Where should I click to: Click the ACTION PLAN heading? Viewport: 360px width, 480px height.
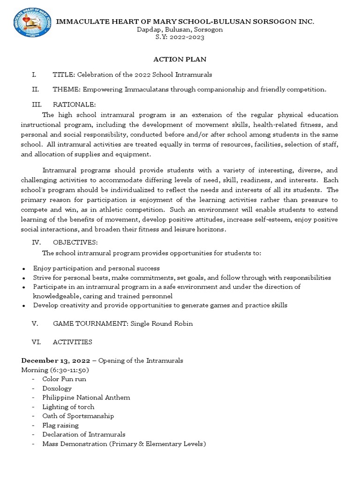tap(180, 60)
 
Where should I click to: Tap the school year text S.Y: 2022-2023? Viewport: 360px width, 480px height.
tap(180, 37)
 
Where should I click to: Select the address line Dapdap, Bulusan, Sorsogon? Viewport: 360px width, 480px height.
tap(180, 30)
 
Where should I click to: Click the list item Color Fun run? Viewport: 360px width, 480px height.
tap(64, 379)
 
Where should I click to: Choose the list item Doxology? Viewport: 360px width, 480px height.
tap(57, 388)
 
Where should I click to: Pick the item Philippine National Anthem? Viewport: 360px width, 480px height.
tap(86, 397)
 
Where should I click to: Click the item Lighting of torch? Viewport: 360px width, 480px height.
tap(68, 406)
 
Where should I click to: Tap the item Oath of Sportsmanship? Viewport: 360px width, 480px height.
tap(78, 416)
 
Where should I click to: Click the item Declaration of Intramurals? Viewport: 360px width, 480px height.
tap(83, 435)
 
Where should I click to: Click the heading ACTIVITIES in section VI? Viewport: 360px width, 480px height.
tap(72, 342)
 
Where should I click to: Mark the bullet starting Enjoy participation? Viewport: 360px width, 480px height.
tap(96, 269)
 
